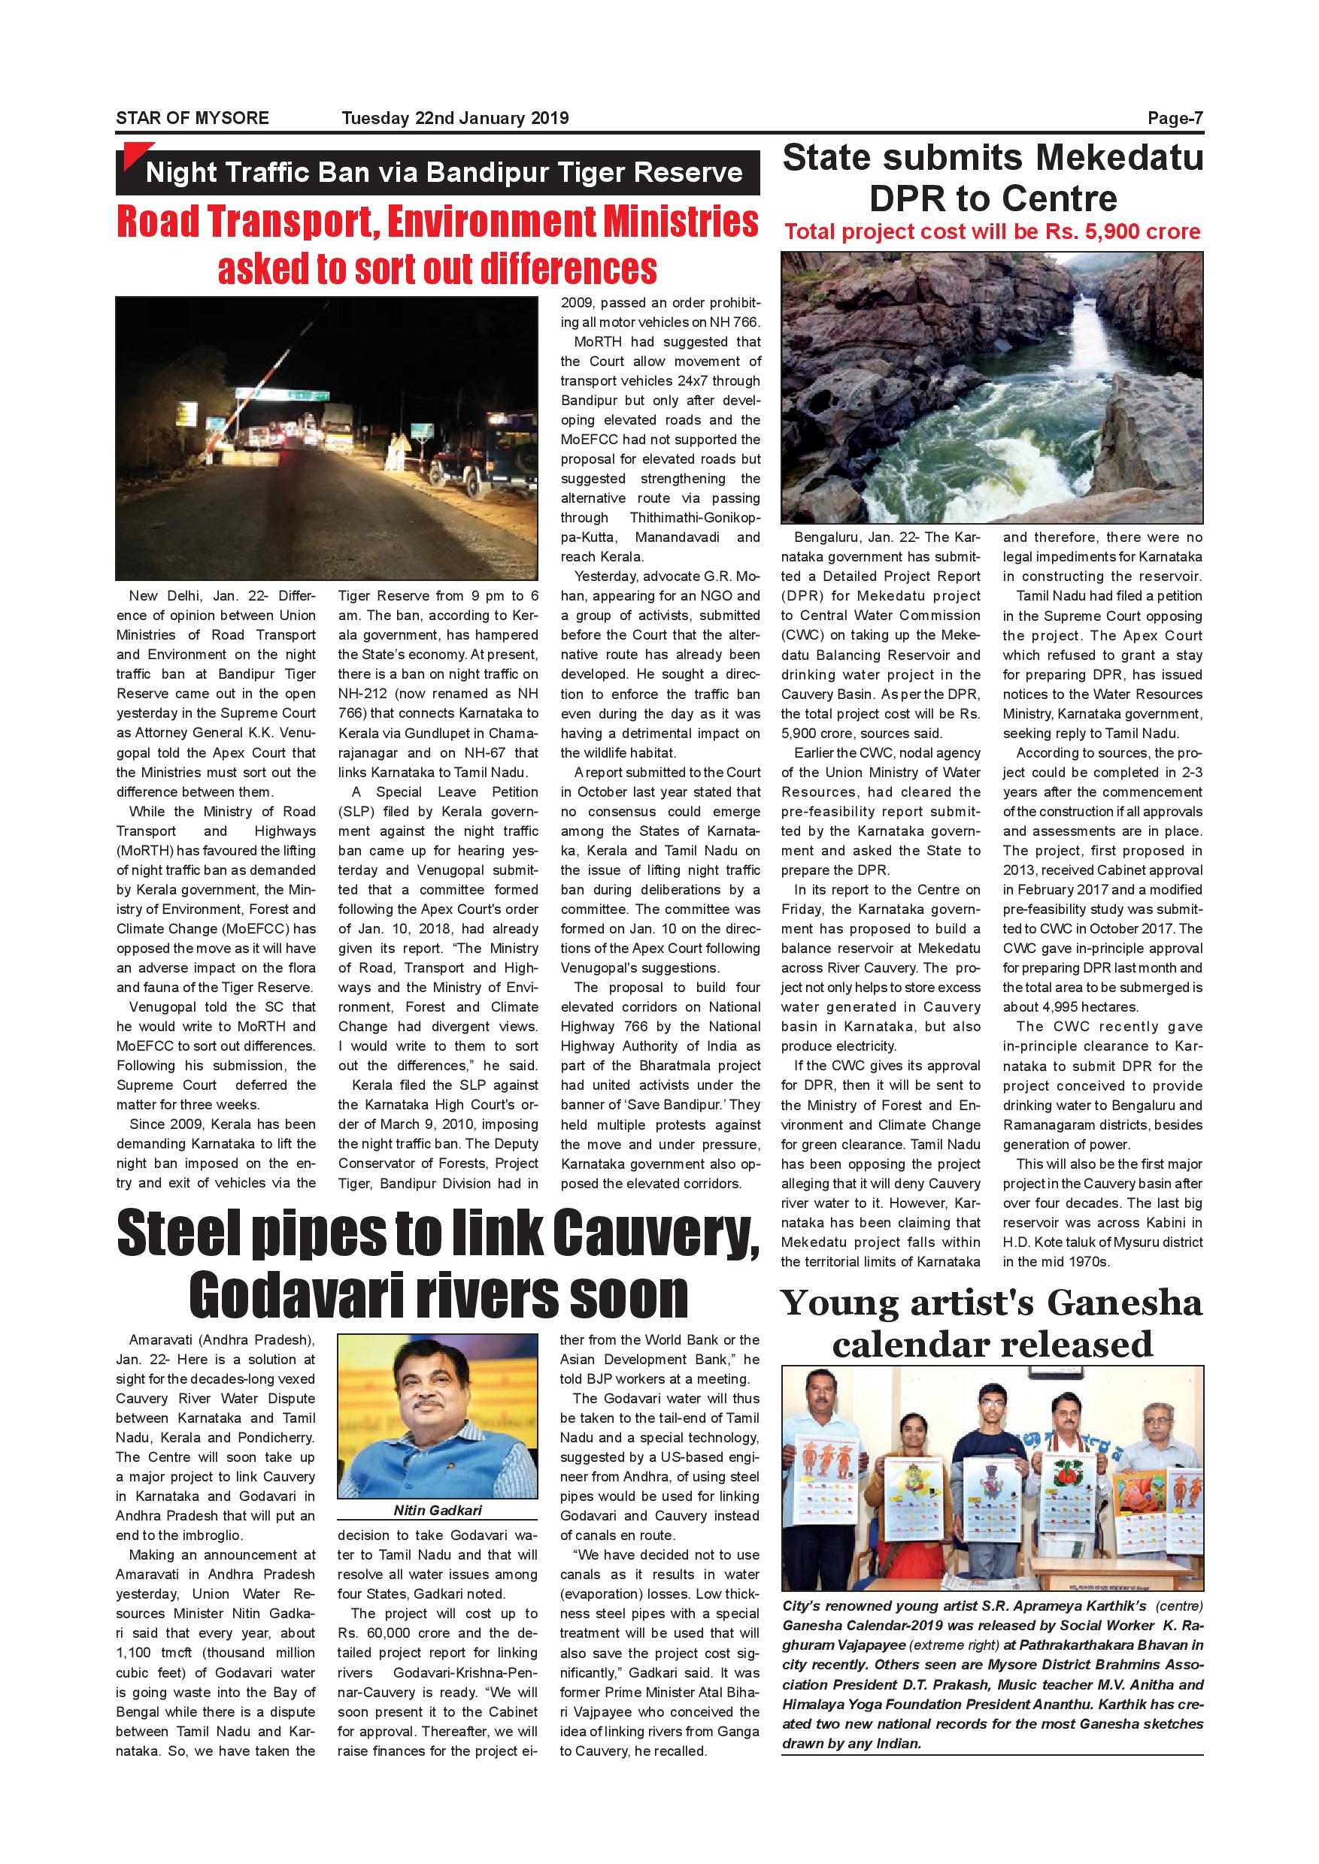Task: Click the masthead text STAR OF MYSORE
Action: coord(192,118)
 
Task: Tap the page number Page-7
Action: coord(1175,118)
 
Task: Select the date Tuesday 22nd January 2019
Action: coord(455,118)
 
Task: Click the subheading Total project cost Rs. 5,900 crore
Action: coord(992,232)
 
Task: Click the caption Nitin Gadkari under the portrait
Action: coord(437,1511)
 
